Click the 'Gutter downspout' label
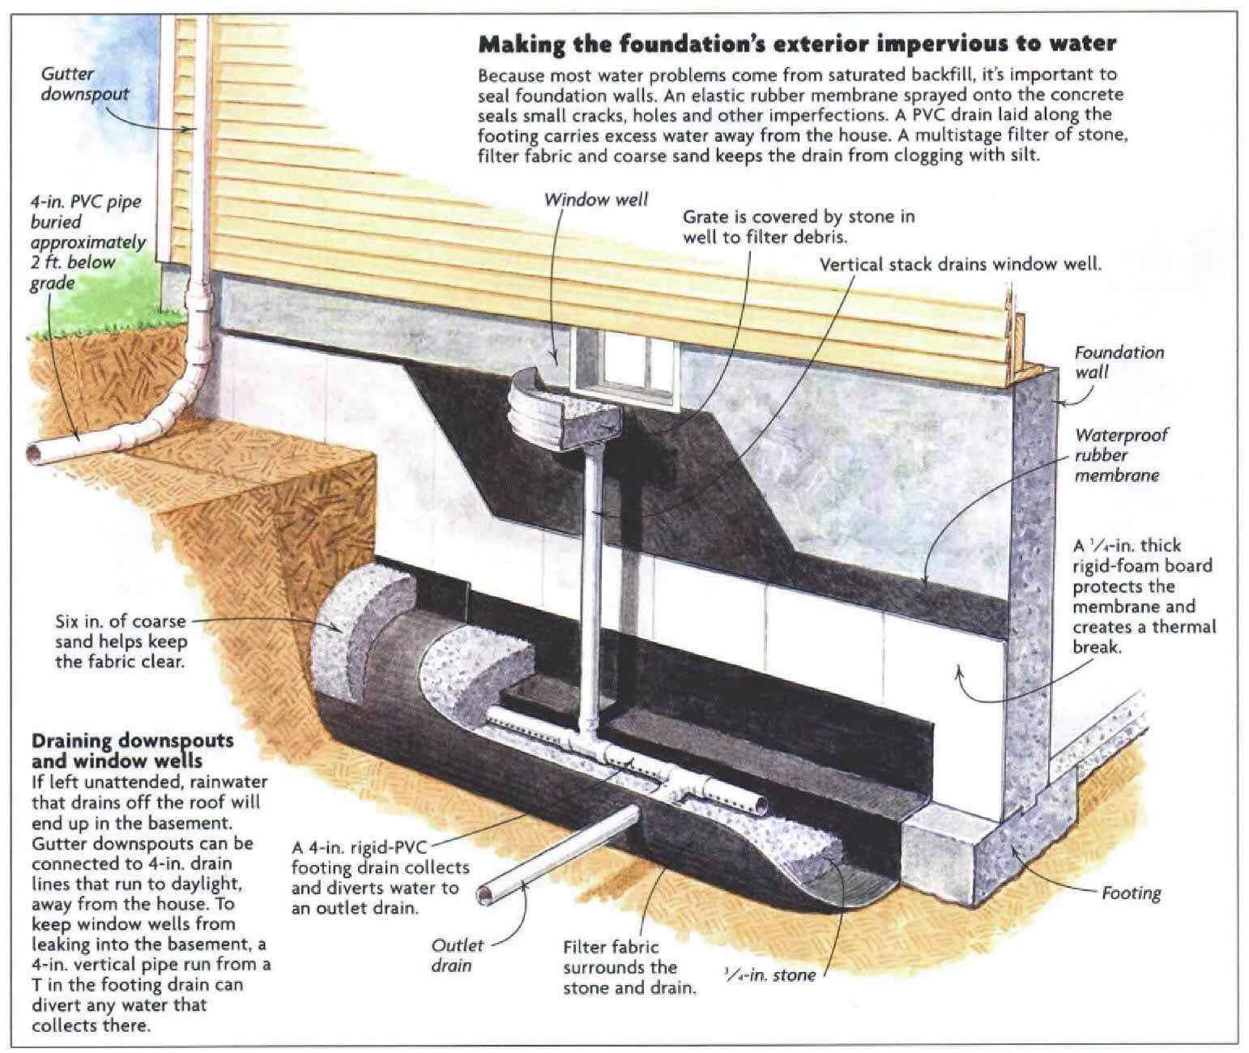pos(85,83)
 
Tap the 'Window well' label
pos(596,199)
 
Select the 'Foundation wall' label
pos(1119,362)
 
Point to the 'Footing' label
pos(1131,893)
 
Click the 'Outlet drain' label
pos(458,955)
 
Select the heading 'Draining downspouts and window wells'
pos(132,750)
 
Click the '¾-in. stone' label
pos(769,974)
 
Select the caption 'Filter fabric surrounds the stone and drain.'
pos(629,967)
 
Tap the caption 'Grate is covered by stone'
pos(798,227)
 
